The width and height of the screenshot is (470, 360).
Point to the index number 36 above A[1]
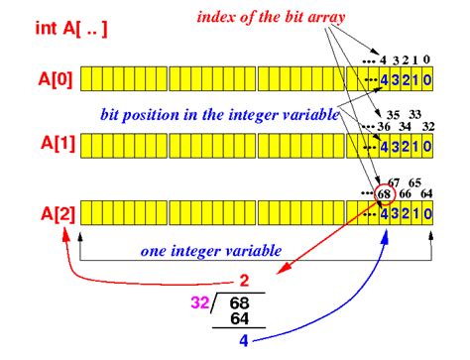(x=383, y=127)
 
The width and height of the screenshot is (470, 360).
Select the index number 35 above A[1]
(x=394, y=115)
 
